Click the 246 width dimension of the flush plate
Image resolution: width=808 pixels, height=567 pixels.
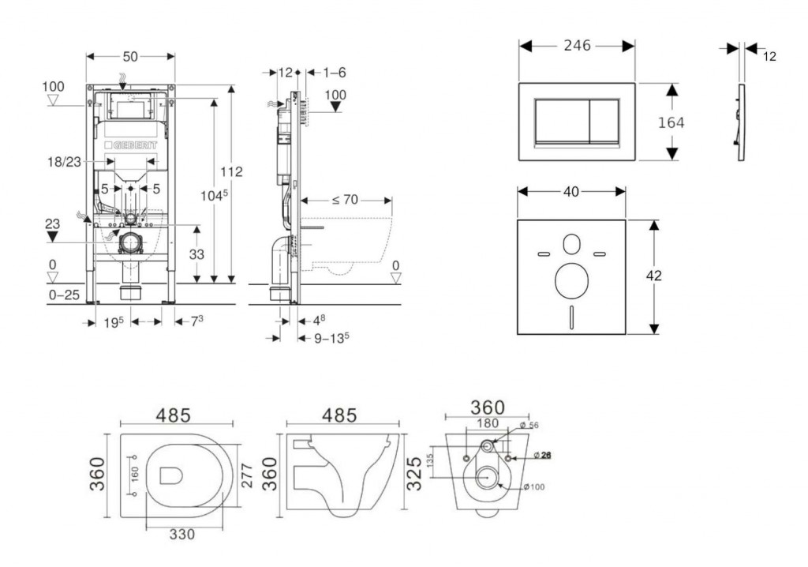pos(577,46)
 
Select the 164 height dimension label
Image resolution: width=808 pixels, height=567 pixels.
pos(671,122)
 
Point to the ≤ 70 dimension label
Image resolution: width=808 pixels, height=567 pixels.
pos(345,200)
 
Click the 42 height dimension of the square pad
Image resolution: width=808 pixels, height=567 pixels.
pos(653,276)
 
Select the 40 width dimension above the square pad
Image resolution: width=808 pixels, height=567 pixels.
pos(570,190)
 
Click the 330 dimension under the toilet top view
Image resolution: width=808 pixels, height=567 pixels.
pos(181,534)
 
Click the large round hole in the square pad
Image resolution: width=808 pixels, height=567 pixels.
pos(570,280)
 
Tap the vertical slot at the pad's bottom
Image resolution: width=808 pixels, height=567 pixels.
pos(570,318)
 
